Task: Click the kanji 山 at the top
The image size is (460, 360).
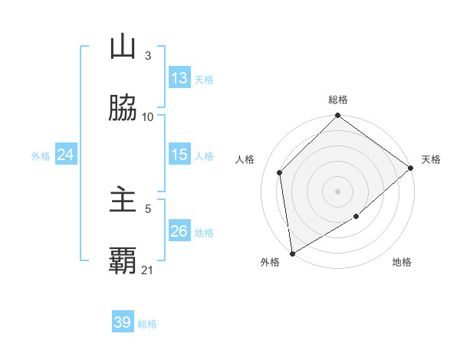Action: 123,47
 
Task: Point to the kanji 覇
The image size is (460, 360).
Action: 123,261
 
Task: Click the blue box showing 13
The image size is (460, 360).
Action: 179,78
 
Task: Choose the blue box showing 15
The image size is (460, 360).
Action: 179,155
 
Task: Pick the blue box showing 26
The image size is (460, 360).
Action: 179,231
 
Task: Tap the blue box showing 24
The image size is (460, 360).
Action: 66,155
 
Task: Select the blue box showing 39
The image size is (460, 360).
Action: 123,322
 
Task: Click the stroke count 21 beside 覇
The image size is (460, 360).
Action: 148,270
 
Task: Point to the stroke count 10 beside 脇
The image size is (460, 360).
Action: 148,116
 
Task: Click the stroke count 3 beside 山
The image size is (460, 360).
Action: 148,55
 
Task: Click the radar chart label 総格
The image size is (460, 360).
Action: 338,100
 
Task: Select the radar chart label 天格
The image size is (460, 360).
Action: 431,159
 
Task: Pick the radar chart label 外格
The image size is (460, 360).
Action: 270,262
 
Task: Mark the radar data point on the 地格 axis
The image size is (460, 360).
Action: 356,217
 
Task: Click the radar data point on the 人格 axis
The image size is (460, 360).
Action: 280,172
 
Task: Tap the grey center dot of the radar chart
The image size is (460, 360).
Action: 338,191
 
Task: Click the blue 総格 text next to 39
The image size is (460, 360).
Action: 148,324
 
